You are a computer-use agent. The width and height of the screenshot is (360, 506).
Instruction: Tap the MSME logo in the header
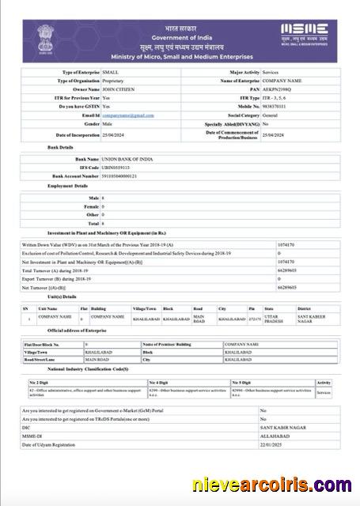click(x=305, y=35)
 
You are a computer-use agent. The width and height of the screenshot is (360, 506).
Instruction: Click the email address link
click(x=128, y=115)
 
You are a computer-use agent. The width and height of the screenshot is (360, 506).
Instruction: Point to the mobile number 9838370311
click(x=278, y=107)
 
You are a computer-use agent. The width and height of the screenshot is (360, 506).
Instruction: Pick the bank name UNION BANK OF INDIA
click(x=128, y=159)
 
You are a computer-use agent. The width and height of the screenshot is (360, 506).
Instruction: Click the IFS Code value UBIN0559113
click(x=118, y=168)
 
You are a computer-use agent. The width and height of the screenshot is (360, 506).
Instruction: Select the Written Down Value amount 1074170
click(x=286, y=244)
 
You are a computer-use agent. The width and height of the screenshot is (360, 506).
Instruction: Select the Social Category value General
click(x=271, y=115)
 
